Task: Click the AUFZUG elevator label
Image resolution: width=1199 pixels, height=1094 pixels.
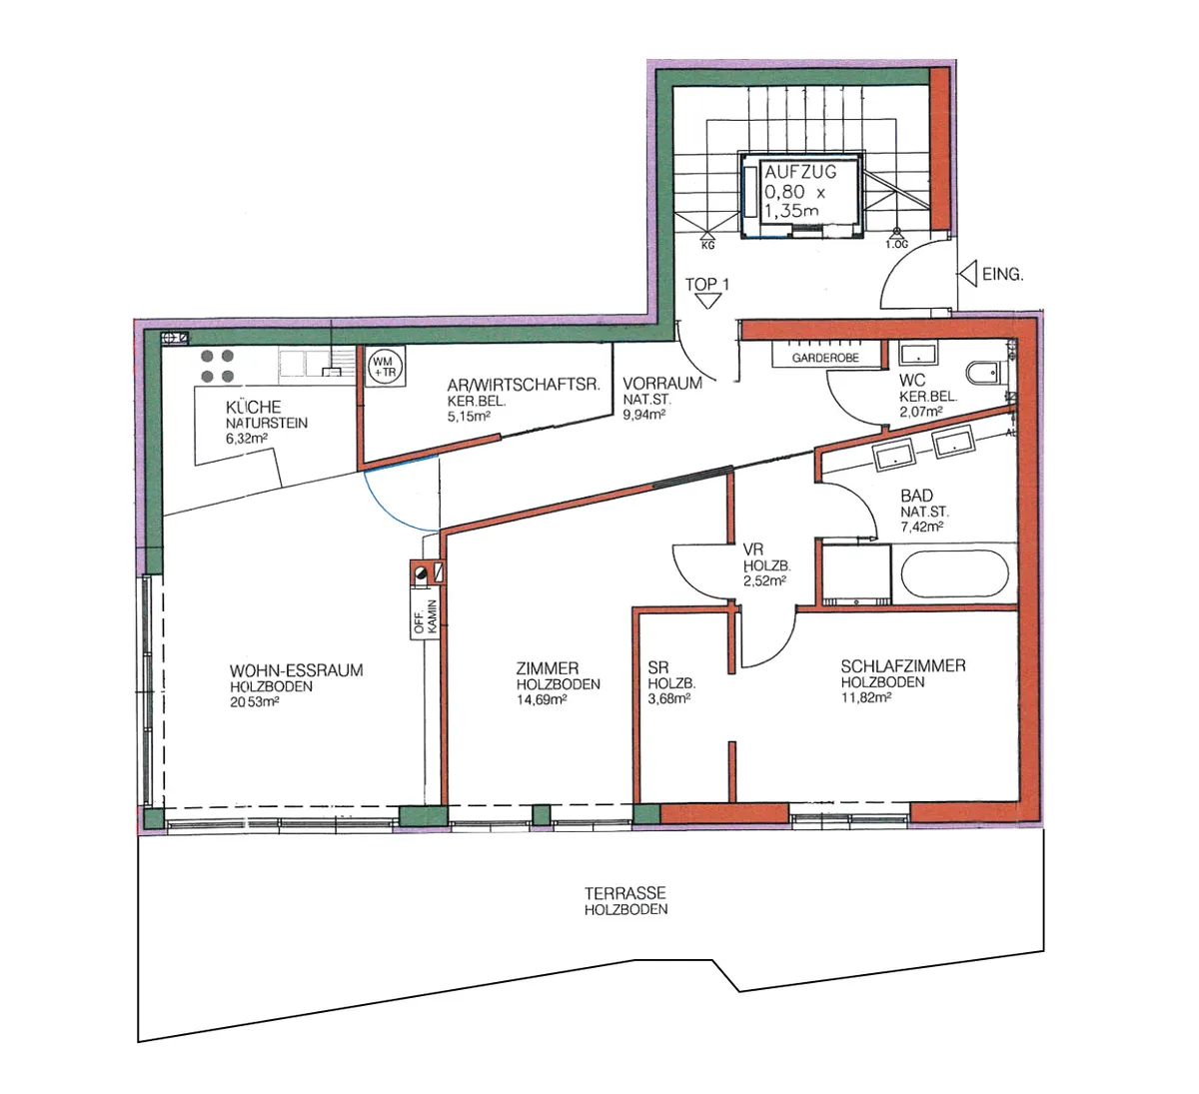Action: click(x=800, y=172)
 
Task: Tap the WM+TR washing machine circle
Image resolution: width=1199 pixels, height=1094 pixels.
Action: click(x=385, y=367)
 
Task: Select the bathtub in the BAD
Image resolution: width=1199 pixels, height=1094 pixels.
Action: click(x=954, y=573)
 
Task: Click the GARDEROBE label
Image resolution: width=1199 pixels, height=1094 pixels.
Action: click(x=825, y=358)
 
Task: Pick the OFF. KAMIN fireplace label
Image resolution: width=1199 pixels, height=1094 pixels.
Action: click(x=426, y=616)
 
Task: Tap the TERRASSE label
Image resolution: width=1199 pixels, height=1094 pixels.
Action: click(x=625, y=893)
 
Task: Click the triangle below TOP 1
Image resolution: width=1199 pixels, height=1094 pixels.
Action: click(x=707, y=301)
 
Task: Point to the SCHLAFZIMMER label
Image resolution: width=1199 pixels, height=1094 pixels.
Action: click(x=903, y=666)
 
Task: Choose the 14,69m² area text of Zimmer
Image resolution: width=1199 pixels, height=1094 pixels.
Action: click(x=542, y=699)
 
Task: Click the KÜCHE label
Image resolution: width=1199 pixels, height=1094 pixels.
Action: click(x=254, y=407)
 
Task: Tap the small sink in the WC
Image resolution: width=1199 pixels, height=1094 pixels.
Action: click(x=917, y=354)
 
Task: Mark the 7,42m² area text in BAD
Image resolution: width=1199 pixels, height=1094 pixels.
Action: click(x=922, y=527)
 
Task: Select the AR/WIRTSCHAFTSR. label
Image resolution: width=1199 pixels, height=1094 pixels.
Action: click(x=523, y=385)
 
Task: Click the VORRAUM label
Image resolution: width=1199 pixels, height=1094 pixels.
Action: click(x=662, y=384)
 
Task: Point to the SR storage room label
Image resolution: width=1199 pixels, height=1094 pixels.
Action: click(x=658, y=667)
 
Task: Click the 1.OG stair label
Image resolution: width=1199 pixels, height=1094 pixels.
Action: click(x=896, y=245)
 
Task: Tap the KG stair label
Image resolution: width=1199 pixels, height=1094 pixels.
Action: click(x=707, y=245)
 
